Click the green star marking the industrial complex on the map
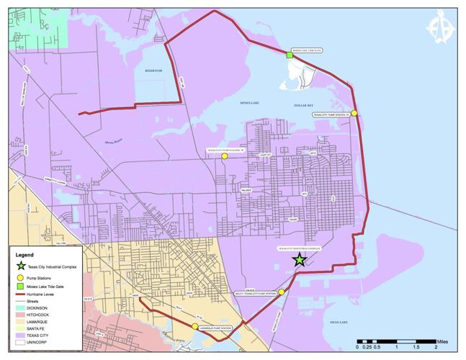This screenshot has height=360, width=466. pos(300,260)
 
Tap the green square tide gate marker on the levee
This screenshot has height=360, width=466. pos(289,55)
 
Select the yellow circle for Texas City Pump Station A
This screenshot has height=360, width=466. pos(354,113)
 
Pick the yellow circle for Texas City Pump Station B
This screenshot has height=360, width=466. pos(225,156)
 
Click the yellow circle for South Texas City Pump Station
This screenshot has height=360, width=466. pos(282,292)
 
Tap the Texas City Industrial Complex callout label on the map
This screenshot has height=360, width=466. pos(298,248)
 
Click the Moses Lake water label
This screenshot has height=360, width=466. pos(248,104)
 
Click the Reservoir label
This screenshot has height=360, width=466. pos(153,71)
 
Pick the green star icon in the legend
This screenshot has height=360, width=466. pos(21,266)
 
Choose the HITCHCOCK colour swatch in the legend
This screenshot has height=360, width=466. pos(21,315)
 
